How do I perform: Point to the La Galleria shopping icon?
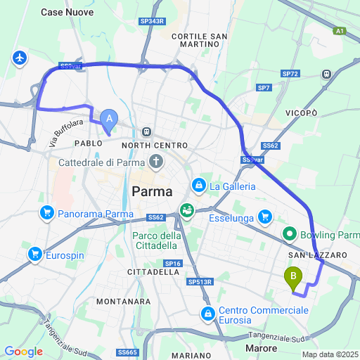[x=199, y=186]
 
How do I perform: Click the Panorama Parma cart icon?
[x=47, y=212]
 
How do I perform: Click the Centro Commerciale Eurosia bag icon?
[x=208, y=313]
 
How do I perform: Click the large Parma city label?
[x=152, y=191]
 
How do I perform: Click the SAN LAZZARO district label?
[x=316, y=254]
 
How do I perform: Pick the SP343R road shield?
[x=153, y=22]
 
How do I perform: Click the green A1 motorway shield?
[x=340, y=31]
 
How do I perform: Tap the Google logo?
[x=23, y=352]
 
